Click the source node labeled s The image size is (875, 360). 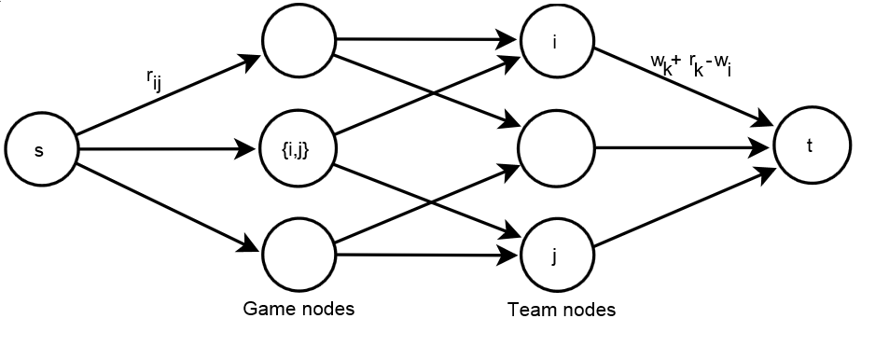click(x=40, y=148)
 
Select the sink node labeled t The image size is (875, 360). click(x=811, y=146)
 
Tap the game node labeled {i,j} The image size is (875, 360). click(x=298, y=147)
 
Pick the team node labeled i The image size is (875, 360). click(x=556, y=43)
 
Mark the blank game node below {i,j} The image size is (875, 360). click(x=298, y=254)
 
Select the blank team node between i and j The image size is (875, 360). click(x=556, y=147)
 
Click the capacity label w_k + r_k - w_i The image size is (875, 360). click(x=690, y=64)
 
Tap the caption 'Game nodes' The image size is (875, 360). click(x=298, y=308)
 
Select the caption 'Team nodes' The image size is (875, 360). click(x=561, y=310)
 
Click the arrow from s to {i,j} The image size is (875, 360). click(x=168, y=147)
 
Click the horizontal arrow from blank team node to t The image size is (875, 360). click(x=681, y=147)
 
